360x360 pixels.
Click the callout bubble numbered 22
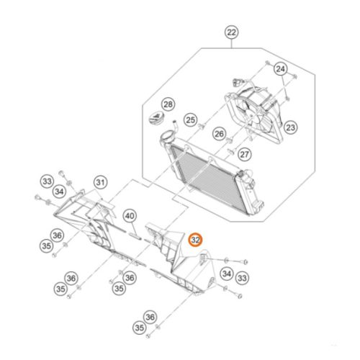[231, 32]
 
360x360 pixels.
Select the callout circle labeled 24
[281, 69]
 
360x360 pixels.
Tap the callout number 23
[291, 127]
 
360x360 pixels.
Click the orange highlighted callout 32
[196, 240]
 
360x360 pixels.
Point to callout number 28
[168, 104]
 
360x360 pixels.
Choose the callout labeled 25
[191, 120]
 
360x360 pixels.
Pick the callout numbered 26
[219, 134]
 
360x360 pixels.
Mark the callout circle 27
[245, 154]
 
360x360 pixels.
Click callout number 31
[100, 182]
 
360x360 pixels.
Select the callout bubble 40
[130, 216]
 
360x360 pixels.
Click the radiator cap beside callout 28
[156, 117]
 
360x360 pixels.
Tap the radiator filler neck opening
[166, 135]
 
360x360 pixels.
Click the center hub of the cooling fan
[251, 116]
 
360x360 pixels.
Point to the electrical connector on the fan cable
[235, 83]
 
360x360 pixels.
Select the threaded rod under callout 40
[135, 236]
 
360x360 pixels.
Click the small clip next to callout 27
[230, 151]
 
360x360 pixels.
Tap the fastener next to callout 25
[202, 125]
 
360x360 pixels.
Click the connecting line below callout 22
[231, 44]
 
